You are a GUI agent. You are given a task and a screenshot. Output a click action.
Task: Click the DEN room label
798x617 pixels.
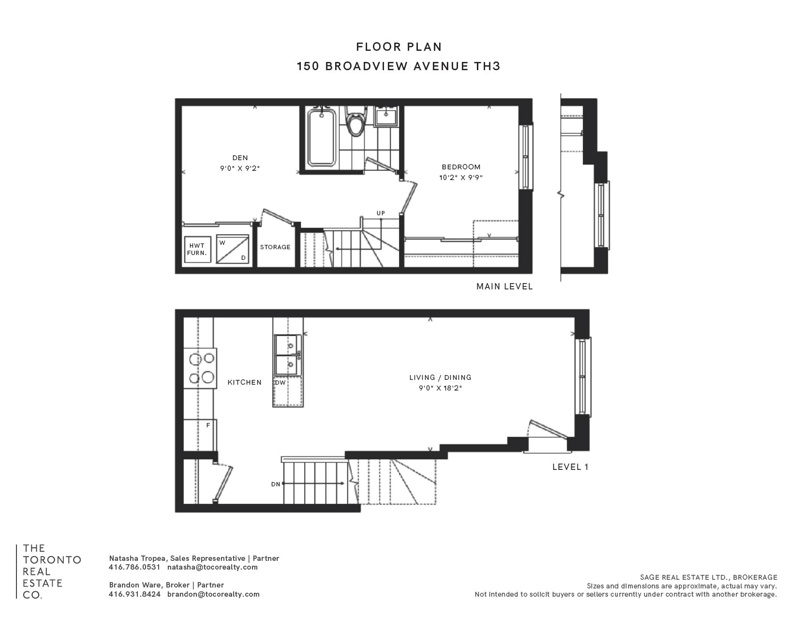(x=240, y=158)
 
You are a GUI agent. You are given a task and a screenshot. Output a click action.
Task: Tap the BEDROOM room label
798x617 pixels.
(x=461, y=167)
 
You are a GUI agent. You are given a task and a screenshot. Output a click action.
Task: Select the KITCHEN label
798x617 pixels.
(x=245, y=382)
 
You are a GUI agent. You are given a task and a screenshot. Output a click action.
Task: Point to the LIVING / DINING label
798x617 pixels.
(x=440, y=377)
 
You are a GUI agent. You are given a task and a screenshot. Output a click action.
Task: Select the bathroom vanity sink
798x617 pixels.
(x=386, y=116)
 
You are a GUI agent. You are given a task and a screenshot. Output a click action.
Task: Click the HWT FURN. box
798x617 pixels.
(x=198, y=250)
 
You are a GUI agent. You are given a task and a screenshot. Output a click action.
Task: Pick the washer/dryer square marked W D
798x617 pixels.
(x=233, y=249)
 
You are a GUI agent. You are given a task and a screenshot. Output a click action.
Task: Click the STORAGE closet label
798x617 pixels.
(x=275, y=247)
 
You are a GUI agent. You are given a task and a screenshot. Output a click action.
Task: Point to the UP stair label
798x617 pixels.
(x=381, y=213)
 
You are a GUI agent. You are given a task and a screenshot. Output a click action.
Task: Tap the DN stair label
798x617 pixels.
(x=276, y=484)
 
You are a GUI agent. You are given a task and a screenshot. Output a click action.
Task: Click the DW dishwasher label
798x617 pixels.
(x=280, y=383)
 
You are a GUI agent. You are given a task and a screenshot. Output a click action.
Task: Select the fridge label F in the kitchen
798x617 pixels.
(x=208, y=425)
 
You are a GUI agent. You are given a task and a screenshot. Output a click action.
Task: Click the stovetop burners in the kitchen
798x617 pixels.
(x=200, y=368)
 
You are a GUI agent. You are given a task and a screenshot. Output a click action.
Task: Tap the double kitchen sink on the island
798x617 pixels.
(x=288, y=355)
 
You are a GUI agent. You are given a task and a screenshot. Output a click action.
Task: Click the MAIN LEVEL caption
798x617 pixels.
(x=504, y=286)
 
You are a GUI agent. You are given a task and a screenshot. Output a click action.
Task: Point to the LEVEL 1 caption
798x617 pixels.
(x=570, y=467)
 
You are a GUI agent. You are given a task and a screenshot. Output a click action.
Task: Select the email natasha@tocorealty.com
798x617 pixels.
(x=212, y=567)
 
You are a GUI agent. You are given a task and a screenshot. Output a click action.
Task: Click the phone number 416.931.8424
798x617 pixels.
(x=134, y=594)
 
